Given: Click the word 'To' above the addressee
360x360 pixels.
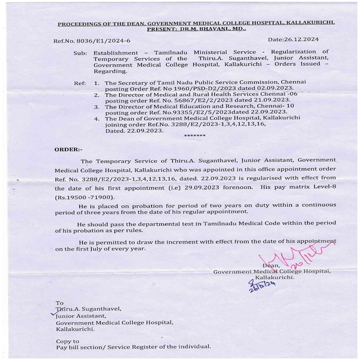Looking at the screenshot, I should tap(59, 303).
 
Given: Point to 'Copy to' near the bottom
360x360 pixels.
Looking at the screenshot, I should tap(67, 341).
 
